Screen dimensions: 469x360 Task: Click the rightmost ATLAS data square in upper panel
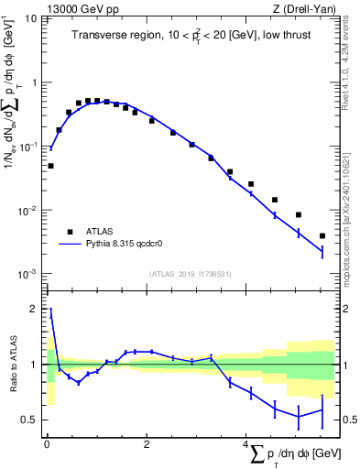[x=322, y=235]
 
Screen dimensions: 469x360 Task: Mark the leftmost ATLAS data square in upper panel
[x=50, y=166]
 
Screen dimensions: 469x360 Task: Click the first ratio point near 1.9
[x=50, y=314]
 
